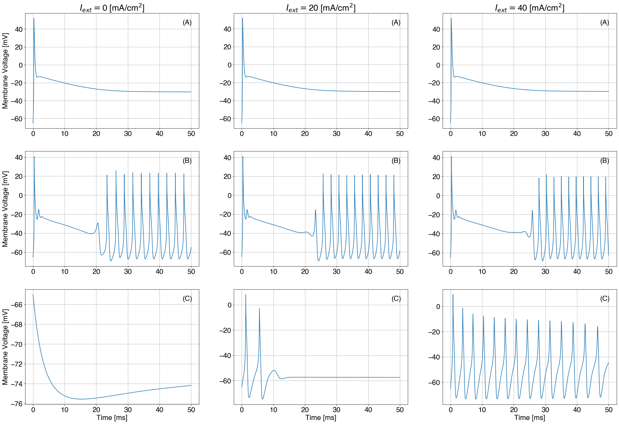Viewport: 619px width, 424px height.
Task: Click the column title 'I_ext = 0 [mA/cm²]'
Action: tap(112, 8)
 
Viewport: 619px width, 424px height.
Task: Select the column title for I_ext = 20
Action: tap(321, 8)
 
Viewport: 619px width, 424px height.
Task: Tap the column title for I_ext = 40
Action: tap(529, 8)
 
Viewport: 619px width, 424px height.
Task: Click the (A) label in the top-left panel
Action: tap(187, 23)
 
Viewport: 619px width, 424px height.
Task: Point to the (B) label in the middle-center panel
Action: tap(396, 161)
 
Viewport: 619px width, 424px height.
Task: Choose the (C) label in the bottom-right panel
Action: tap(604, 299)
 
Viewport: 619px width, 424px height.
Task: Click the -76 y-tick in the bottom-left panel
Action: tap(17, 404)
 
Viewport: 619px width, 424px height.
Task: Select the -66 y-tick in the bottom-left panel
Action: tap(17, 305)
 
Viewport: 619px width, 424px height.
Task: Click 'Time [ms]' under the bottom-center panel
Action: tap(321, 418)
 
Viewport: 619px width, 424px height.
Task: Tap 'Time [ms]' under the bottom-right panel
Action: tap(529, 418)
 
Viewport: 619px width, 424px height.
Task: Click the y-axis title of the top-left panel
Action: tap(5, 71)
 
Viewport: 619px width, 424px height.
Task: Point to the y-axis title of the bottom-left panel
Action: tap(5, 347)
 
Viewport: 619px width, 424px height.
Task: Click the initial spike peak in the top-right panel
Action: tap(451, 18)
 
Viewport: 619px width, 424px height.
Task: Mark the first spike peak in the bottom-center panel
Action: tap(246, 294)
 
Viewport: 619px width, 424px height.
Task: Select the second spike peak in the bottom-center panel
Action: tap(259, 309)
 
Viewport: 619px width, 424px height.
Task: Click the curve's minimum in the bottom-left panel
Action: tap(81, 399)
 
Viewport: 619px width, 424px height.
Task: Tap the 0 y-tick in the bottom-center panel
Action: tap(229, 305)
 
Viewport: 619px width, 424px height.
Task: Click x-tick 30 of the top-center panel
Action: tap(336, 134)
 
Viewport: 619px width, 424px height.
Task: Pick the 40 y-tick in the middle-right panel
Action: tap(436, 158)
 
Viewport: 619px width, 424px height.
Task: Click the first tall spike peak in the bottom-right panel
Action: tap(453, 295)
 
